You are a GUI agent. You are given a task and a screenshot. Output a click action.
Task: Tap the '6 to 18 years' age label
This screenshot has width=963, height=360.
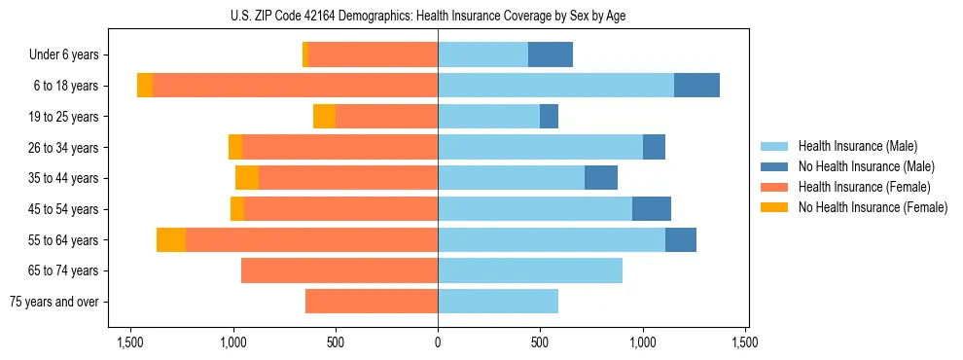(x=66, y=86)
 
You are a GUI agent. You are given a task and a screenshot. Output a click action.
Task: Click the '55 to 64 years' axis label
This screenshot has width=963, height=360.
(x=63, y=240)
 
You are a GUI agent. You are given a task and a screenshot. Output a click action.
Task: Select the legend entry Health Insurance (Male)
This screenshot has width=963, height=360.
(x=857, y=146)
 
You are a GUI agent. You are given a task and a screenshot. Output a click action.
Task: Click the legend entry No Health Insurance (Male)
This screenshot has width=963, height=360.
(x=866, y=166)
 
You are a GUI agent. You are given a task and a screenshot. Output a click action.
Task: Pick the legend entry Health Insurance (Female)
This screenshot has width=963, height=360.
(x=863, y=187)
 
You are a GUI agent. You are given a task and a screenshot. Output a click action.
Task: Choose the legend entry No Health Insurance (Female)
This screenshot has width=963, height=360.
(x=872, y=207)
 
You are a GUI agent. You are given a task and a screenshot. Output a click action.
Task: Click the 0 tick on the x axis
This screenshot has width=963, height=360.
(x=438, y=342)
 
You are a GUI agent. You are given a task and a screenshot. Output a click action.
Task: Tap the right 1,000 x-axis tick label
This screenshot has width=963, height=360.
(x=643, y=342)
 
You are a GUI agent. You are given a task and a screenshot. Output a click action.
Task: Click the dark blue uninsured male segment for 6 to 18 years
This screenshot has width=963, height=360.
(x=696, y=86)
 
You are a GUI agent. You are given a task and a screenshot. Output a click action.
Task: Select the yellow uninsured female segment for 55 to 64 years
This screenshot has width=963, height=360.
(x=171, y=240)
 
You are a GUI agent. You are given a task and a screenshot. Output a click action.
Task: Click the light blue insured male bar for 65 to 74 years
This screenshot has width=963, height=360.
(x=530, y=270)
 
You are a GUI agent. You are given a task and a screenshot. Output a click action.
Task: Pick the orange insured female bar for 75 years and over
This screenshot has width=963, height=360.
(x=372, y=302)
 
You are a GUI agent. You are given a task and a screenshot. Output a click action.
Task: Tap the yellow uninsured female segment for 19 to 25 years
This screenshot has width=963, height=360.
(x=324, y=117)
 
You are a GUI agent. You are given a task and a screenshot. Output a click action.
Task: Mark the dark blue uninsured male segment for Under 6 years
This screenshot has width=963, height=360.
(x=551, y=54)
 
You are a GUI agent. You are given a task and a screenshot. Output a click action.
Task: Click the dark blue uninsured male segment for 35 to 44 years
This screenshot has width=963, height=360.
(x=601, y=178)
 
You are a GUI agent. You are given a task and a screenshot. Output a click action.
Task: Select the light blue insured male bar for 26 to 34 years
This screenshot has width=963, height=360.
(x=540, y=147)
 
